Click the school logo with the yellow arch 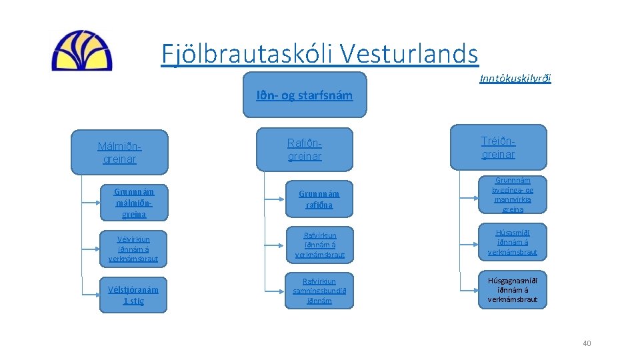tap(82, 51)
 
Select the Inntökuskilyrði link tap(515, 79)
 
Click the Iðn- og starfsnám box tap(305, 95)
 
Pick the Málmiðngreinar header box tap(120, 152)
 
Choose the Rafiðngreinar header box tap(305, 149)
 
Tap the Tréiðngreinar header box tap(499, 147)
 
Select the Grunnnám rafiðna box tap(319, 198)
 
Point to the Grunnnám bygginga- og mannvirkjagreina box tap(513, 195)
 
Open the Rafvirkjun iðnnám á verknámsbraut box tap(319, 245)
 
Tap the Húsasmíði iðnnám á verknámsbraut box tap(513, 242)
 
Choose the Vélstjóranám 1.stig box tap(133, 295)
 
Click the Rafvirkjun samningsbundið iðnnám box tap(319, 291)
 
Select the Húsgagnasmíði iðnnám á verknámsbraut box tap(513, 290)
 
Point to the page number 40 tap(587, 343)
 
